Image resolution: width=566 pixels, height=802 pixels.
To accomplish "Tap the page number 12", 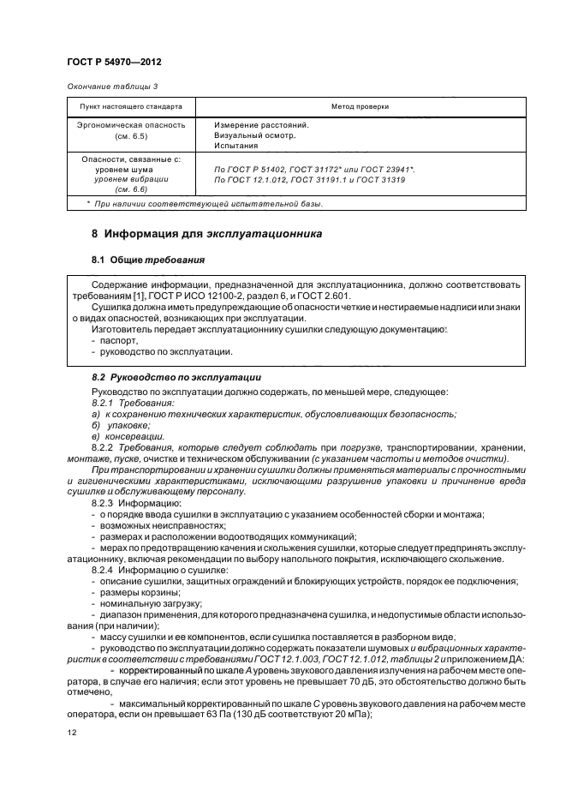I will coord(72,733).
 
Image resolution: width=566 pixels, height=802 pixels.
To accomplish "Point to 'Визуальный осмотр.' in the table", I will coord(254,135).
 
